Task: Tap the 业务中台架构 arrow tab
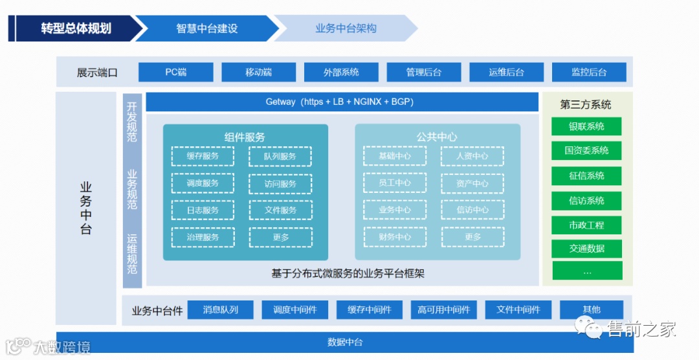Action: (346, 28)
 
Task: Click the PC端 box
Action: (176, 72)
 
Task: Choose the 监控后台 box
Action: (589, 72)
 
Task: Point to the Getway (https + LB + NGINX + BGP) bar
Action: (342, 102)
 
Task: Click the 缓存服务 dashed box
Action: (203, 156)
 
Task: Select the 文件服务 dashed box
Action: (280, 210)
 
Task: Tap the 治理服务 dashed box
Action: (203, 237)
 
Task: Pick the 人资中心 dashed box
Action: (472, 156)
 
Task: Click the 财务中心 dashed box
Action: (395, 237)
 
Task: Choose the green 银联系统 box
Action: (586, 126)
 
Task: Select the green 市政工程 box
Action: (586, 225)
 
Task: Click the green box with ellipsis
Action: (586, 271)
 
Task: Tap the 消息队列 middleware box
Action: (221, 309)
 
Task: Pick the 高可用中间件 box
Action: (443, 309)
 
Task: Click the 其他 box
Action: (592, 309)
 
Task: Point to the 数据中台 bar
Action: (345, 342)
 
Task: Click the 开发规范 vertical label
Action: (132, 122)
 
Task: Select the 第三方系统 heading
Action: (586, 104)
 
